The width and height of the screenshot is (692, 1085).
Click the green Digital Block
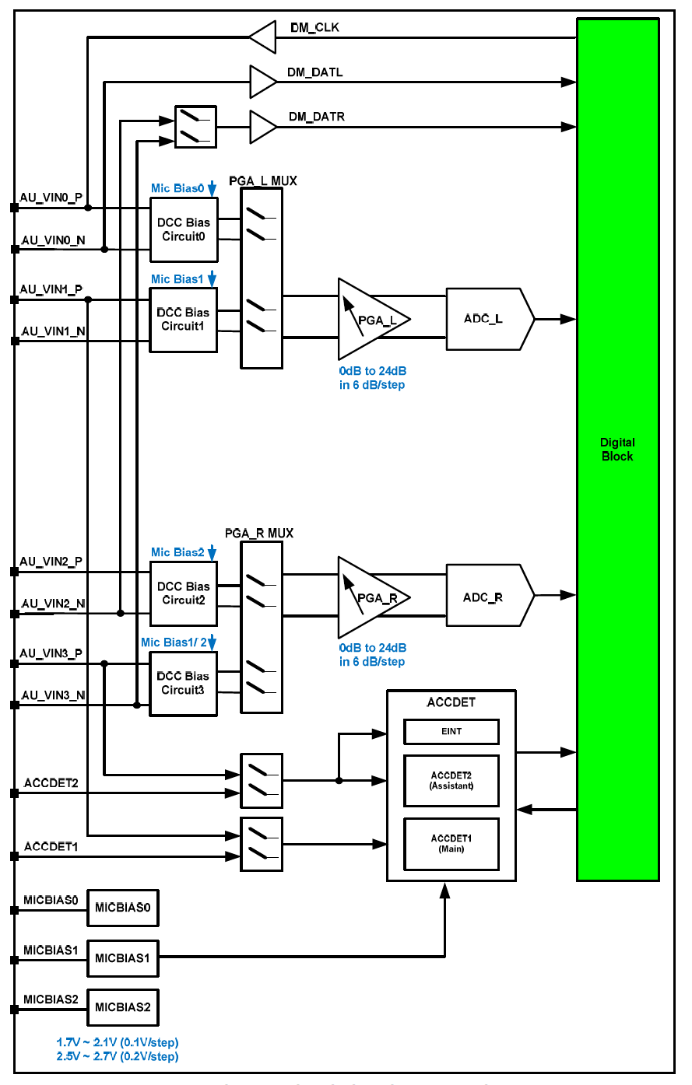(x=617, y=450)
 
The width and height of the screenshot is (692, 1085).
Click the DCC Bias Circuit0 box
(x=184, y=229)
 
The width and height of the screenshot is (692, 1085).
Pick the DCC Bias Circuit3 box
(x=184, y=683)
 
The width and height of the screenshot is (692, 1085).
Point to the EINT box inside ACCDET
(x=451, y=731)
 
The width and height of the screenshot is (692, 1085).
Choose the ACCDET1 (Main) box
(x=451, y=843)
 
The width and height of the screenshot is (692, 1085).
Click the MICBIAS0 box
(x=122, y=908)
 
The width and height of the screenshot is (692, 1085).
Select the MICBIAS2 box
(x=122, y=1007)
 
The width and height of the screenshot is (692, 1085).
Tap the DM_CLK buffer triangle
(x=264, y=36)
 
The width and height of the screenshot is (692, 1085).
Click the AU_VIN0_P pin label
(x=51, y=198)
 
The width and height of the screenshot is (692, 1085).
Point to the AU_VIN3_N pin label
(x=53, y=695)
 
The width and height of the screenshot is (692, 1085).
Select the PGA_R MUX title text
(x=259, y=534)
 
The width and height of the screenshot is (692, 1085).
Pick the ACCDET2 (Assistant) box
(x=451, y=780)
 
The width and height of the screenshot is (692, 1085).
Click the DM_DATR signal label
(x=316, y=117)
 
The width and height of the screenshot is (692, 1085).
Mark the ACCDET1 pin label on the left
(x=51, y=845)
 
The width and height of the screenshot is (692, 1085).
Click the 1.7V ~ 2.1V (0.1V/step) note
(x=118, y=1041)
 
